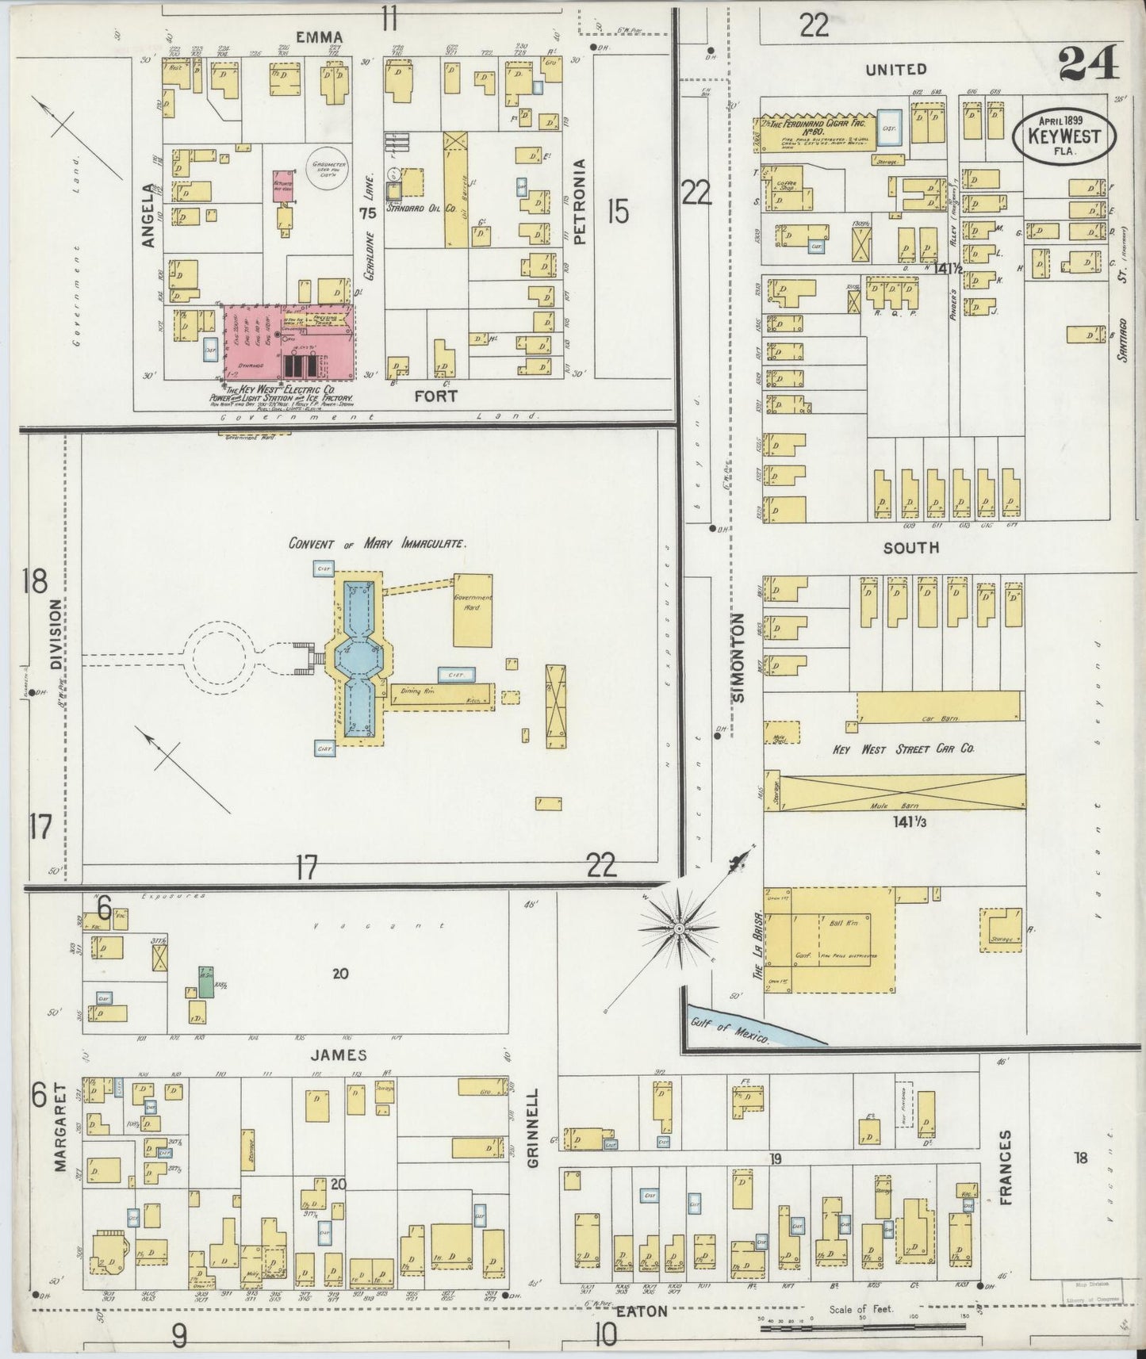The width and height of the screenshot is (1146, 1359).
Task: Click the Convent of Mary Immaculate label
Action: tap(377, 544)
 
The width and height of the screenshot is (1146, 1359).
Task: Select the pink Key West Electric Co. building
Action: tap(289, 341)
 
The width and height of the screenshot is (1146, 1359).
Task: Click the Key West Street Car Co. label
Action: tap(903, 748)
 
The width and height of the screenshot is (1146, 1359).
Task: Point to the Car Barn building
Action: tap(939, 707)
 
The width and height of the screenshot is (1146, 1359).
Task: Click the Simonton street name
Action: tap(739, 658)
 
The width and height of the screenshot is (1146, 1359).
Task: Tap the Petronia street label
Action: tap(581, 202)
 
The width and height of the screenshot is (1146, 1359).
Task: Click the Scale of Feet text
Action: tap(861, 1308)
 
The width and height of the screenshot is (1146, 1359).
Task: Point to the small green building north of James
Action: tap(205, 981)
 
